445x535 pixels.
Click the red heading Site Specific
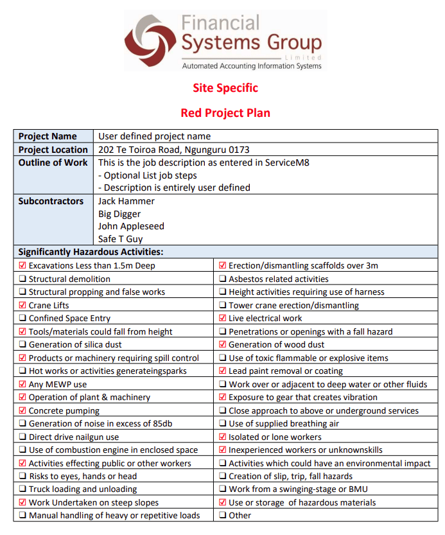pos(225,88)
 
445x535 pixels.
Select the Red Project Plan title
pos(225,113)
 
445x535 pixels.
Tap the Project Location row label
pos(53,150)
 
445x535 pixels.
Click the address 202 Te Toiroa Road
pos(173,150)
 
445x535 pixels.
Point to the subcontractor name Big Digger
pos(119,214)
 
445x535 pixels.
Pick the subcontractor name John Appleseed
pos(131,226)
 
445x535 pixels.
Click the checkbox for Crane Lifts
pos(23,306)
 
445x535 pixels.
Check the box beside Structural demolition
pos(23,279)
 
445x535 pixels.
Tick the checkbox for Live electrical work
pos(223,319)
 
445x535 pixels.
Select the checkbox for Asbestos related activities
pos(223,279)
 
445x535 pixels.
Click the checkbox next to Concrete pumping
pos(23,411)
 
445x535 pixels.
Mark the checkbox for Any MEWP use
pos(23,385)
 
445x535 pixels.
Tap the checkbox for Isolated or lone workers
pos(223,437)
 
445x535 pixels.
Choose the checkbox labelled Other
pos(223,516)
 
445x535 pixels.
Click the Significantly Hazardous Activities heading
pos(91,252)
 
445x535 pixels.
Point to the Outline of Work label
pos(53,162)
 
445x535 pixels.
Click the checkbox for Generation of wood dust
pos(223,345)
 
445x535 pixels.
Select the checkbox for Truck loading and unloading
pos(23,489)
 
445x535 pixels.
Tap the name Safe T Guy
pos(121,239)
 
